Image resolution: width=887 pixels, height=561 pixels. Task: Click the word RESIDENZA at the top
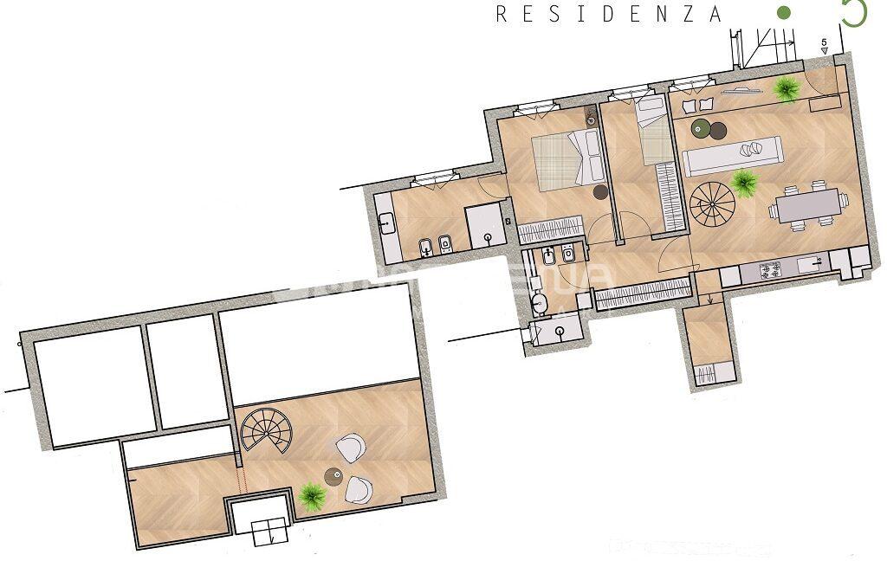click(x=609, y=14)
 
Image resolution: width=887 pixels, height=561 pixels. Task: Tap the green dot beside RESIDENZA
click(x=784, y=13)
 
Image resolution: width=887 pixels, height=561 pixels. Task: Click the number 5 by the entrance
click(x=824, y=42)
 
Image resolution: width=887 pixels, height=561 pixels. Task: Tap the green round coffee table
click(x=701, y=129)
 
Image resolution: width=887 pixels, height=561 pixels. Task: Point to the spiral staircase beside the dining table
click(x=712, y=204)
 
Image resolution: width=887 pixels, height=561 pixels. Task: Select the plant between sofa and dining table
click(x=743, y=182)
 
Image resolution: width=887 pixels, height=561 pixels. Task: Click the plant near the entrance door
click(x=786, y=88)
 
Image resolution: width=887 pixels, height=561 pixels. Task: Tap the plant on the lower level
click(x=311, y=495)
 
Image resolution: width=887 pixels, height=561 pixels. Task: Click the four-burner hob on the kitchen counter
click(x=768, y=270)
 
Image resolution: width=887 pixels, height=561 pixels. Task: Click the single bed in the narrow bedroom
click(x=653, y=130)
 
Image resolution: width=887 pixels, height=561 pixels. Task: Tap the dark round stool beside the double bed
click(x=601, y=192)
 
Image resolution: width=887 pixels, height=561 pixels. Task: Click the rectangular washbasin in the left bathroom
click(x=386, y=223)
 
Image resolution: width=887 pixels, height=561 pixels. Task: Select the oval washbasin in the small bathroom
click(x=541, y=303)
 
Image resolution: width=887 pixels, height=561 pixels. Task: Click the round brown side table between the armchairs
click(x=333, y=475)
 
